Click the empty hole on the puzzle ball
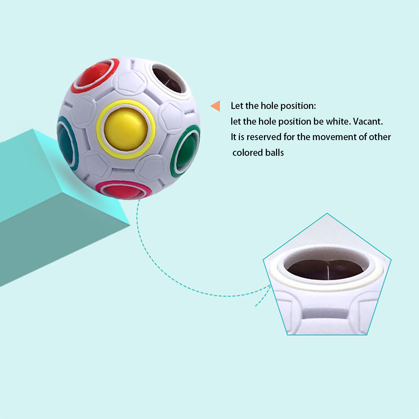pyautogui.click(x=168, y=79)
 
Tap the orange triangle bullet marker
pyautogui.click(x=216, y=106)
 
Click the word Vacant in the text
pyautogui.click(x=367, y=122)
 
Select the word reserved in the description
pyautogui.click(x=264, y=137)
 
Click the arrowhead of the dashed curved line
pyautogui.click(x=270, y=286)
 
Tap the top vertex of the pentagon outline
pyautogui.click(x=327, y=214)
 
